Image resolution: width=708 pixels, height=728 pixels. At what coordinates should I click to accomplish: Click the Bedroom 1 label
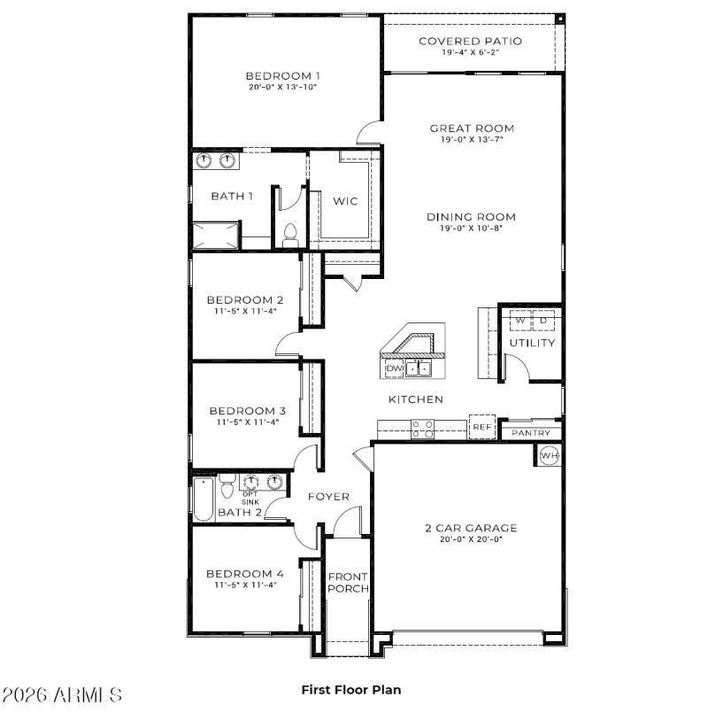(282, 75)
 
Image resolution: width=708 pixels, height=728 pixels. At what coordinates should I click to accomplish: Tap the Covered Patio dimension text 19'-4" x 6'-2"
(470, 53)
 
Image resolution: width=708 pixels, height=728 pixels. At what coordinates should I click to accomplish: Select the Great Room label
(472, 128)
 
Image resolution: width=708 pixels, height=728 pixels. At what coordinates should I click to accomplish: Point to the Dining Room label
(471, 217)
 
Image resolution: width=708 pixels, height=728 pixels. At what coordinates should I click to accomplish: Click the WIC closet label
(345, 201)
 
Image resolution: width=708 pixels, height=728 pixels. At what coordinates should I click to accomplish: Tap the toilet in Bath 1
(289, 234)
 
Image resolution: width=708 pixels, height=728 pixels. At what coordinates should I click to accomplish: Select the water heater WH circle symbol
(548, 456)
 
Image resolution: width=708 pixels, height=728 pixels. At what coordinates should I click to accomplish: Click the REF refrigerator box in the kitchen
(481, 427)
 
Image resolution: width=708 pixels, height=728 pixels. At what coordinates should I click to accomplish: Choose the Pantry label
(531, 433)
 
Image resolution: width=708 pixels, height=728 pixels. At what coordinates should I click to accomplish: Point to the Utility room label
(532, 343)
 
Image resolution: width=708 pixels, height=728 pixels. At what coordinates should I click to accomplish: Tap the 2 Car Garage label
(471, 528)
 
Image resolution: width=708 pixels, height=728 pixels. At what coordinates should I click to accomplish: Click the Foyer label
(328, 497)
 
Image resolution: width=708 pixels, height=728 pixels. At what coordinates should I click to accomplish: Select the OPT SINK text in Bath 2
(250, 498)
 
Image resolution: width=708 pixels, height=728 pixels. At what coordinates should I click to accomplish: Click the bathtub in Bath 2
(204, 498)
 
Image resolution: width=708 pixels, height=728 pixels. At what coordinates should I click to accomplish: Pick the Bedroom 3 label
(247, 411)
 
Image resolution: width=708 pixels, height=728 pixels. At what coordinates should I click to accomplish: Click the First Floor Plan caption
(351, 688)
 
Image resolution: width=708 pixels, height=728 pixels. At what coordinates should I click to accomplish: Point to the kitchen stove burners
(423, 428)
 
